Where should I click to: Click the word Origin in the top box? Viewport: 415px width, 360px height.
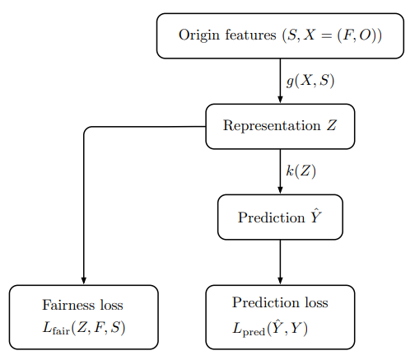click(x=198, y=35)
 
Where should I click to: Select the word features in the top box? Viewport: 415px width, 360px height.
click(x=250, y=35)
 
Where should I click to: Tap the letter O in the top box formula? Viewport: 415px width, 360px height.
click(x=365, y=35)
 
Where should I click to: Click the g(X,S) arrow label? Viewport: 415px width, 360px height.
click(x=310, y=82)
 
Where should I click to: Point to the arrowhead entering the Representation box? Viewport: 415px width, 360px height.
click(x=280, y=100)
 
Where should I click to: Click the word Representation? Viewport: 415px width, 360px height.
click(x=272, y=126)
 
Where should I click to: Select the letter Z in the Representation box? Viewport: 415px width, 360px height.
click(x=332, y=125)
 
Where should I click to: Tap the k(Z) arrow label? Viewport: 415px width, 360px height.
click(x=301, y=171)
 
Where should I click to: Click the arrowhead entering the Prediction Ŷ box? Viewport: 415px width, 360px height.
click(x=280, y=190)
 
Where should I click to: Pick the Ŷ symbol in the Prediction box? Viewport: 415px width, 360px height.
click(x=316, y=217)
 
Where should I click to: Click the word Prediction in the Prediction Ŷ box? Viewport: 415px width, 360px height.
click(x=272, y=217)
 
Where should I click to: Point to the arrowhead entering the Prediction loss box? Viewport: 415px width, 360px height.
click(x=280, y=281)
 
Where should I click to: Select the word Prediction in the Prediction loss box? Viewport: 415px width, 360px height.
click(x=265, y=302)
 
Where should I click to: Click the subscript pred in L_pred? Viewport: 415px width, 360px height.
click(x=254, y=332)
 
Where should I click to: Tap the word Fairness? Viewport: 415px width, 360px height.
click(x=68, y=305)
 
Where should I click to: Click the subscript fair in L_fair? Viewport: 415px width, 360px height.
click(x=61, y=330)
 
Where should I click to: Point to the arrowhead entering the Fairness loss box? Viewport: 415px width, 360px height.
click(x=84, y=281)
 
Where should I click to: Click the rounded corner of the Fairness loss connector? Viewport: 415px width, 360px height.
click(x=86, y=129)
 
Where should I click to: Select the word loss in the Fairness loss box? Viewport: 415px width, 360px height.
click(x=111, y=305)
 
